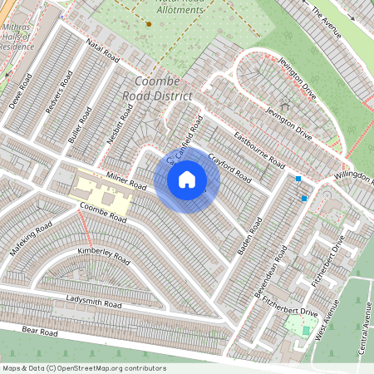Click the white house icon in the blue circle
point(187,180)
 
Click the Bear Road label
point(39,331)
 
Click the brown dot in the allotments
point(148,24)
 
